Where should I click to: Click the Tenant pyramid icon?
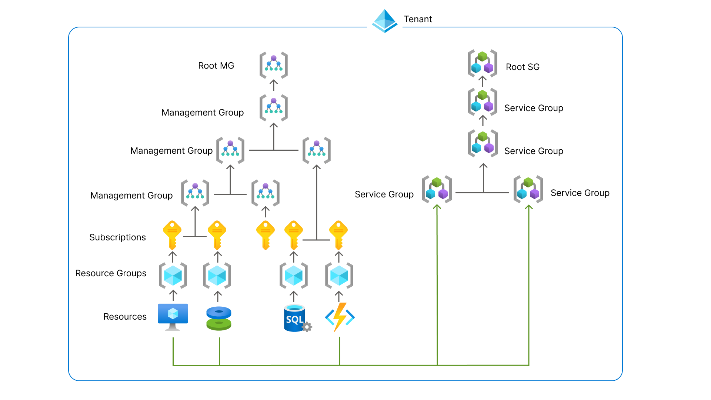(x=385, y=21)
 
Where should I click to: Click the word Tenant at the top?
(x=418, y=19)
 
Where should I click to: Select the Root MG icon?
(x=274, y=65)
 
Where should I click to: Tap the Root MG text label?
(x=216, y=66)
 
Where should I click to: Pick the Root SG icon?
(x=482, y=63)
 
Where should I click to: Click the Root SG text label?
(x=523, y=67)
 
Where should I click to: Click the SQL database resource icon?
(x=297, y=318)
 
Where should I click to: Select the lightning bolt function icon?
(x=340, y=317)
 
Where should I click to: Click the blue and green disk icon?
(x=219, y=318)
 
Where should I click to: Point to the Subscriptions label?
(x=117, y=237)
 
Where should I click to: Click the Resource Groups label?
(x=111, y=273)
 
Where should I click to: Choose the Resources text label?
(x=125, y=317)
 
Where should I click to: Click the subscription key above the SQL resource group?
(x=294, y=235)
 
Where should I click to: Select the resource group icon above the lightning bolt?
(x=339, y=276)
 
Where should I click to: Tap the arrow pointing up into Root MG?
(x=274, y=85)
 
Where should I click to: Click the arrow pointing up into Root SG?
(x=482, y=81)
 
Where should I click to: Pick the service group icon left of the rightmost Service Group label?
(x=528, y=189)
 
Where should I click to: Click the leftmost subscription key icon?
(x=172, y=235)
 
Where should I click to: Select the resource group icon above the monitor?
(x=173, y=276)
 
